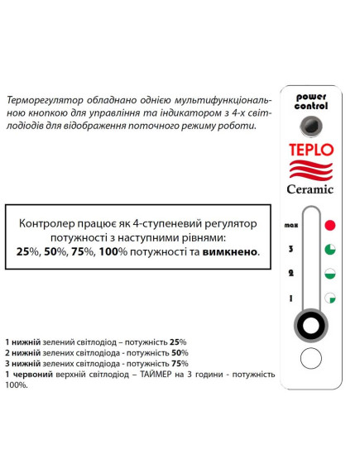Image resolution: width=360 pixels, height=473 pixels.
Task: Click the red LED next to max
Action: tap(329, 224)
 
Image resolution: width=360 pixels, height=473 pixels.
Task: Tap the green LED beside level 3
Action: tap(329, 249)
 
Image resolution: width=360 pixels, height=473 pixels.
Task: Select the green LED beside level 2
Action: tap(329, 274)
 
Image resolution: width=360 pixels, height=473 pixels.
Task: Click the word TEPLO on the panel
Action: tap(311, 150)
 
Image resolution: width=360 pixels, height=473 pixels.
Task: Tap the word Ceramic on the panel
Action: tap(311, 189)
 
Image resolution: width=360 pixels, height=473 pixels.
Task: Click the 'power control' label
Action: tap(311, 102)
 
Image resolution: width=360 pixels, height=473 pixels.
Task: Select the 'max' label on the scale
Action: tap(290, 225)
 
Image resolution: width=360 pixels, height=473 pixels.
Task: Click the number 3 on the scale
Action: tap(290, 249)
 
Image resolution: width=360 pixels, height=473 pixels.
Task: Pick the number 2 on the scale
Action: tap(290, 274)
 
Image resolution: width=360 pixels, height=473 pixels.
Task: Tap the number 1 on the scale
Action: tap(290, 299)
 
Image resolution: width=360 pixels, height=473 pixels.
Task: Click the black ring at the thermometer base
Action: tap(310, 325)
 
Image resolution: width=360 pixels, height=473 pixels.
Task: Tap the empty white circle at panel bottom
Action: tap(310, 358)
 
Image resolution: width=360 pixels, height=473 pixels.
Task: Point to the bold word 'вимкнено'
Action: tap(229, 251)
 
